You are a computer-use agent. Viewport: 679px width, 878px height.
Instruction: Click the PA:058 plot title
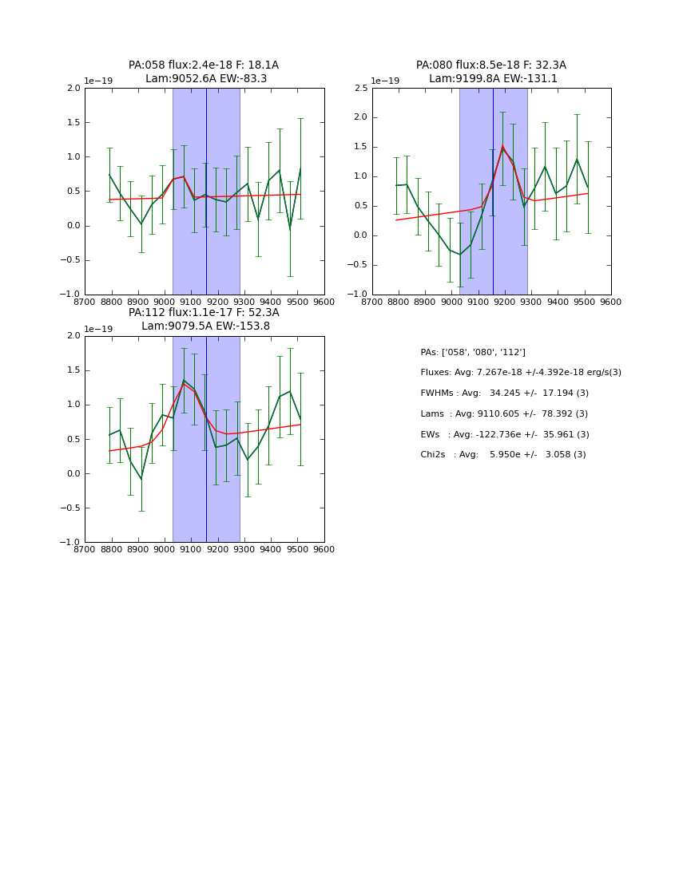click(x=204, y=72)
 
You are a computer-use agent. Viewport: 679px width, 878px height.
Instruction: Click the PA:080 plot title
click(x=491, y=72)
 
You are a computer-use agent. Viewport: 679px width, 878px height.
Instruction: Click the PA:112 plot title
click(x=204, y=319)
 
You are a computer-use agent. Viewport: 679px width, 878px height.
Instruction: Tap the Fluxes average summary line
click(x=520, y=373)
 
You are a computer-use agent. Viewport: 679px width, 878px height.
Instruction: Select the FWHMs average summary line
click(x=504, y=394)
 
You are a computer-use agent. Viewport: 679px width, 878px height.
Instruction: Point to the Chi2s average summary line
click(x=502, y=455)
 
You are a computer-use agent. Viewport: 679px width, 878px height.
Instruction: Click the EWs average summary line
click(x=504, y=434)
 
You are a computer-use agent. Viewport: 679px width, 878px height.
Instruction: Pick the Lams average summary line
click(x=503, y=414)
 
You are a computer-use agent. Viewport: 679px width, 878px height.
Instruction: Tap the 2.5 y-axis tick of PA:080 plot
click(x=360, y=88)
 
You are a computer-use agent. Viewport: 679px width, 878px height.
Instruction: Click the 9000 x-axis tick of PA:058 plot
click(x=165, y=302)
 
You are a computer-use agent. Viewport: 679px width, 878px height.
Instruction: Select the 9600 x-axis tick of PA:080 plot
click(x=611, y=302)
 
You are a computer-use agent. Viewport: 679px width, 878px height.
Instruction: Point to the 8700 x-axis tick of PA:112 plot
click(x=85, y=549)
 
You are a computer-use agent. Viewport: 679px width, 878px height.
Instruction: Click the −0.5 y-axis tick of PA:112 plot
click(x=70, y=508)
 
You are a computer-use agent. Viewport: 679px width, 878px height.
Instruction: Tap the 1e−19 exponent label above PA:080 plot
click(x=385, y=81)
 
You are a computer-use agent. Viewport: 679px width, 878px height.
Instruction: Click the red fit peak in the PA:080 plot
click(x=502, y=147)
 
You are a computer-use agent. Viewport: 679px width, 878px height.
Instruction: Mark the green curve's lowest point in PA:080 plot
click(x=460, y=255)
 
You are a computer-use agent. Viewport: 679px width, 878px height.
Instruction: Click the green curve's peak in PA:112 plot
click(x=184, y=380)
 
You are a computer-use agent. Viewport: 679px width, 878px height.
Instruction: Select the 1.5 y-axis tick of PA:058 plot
click(x=73, y=122)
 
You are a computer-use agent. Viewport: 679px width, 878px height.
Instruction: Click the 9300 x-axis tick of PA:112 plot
click(x=244, y=549)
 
